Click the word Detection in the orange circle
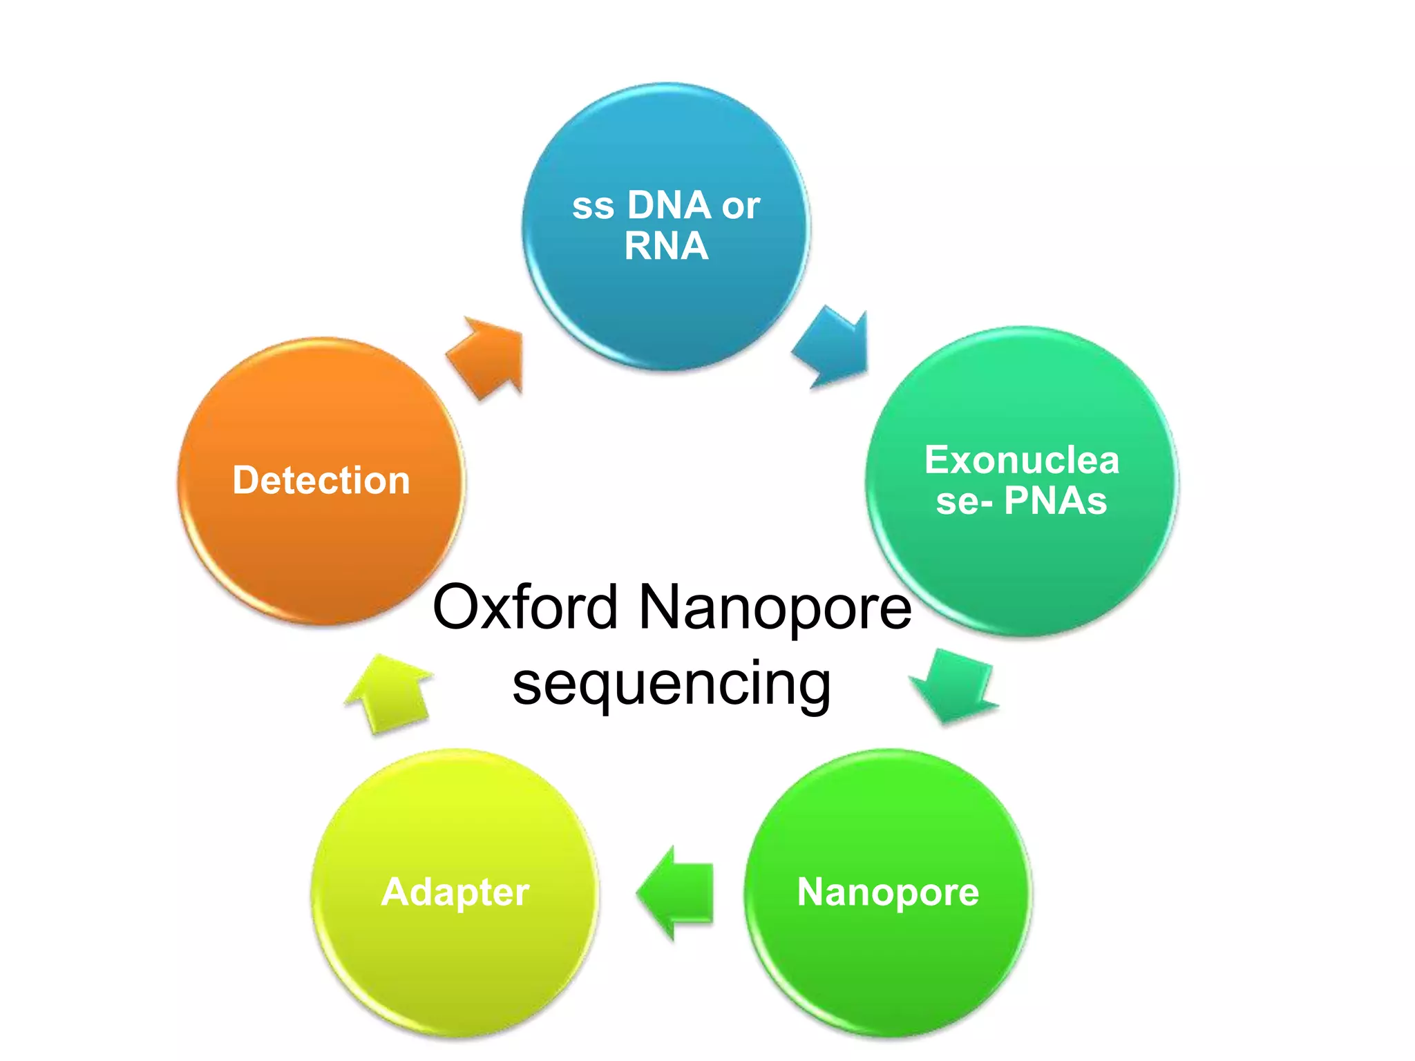(321, 480)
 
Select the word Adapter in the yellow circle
(455, 892)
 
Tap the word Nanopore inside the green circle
(888, 892)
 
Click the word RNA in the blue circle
(666, 246)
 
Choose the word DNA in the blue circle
(669, 205)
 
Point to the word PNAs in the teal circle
(1055, 501)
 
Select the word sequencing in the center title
(672, 683)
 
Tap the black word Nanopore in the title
(775, 607)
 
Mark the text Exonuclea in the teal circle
(1021, 460)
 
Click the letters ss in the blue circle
(593, 207)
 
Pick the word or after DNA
(741, 207)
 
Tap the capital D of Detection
(246, 480)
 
